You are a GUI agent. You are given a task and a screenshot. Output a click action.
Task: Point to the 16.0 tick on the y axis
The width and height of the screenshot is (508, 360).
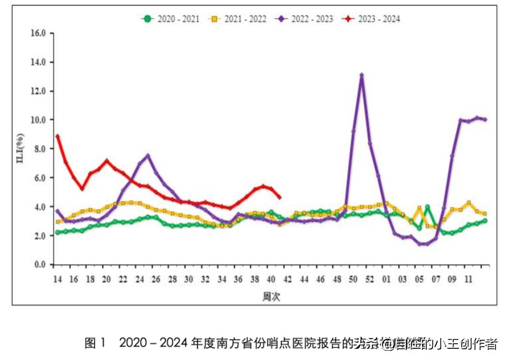(38, 33)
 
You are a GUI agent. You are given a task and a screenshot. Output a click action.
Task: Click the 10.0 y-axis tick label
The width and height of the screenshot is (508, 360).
(38, 120)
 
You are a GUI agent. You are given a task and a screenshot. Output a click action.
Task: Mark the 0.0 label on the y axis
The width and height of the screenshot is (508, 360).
(40, 265)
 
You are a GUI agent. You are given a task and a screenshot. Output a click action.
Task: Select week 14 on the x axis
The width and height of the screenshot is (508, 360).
(57, 279)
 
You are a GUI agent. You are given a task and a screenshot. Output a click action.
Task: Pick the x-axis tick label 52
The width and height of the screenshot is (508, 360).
(370, 279)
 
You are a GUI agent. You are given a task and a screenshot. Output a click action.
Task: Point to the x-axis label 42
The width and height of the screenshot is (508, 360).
(288, 279)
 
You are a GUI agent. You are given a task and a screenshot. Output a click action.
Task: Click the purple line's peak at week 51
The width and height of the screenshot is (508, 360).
(361, 75)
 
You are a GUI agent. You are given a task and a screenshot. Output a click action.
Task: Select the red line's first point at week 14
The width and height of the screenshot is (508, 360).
(58, 136)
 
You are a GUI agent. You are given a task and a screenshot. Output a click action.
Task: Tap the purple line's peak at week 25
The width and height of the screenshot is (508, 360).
(147, 156)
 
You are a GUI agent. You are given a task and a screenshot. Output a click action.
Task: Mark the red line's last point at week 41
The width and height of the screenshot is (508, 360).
(279, 198)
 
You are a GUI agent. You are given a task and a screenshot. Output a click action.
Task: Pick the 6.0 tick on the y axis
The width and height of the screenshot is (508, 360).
(40, 178)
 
